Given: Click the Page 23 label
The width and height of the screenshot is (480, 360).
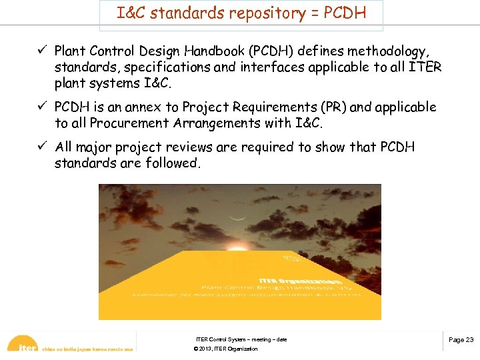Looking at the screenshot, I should point(461,340).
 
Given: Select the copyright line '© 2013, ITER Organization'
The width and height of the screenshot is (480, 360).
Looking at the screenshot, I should point(225,349).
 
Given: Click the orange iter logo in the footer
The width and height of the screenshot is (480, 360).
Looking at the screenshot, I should point(25,346).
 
